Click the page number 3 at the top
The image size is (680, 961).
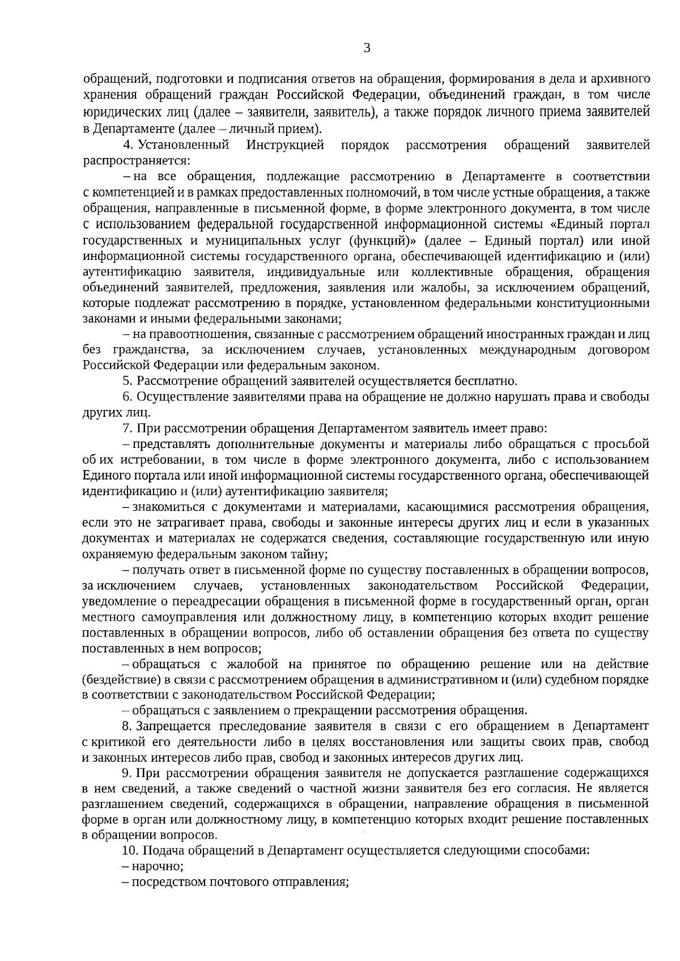click(x=367, y=48)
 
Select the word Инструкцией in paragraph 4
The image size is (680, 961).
click(x=286, y=146)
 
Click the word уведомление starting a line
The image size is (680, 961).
click(x=118, y=600)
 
